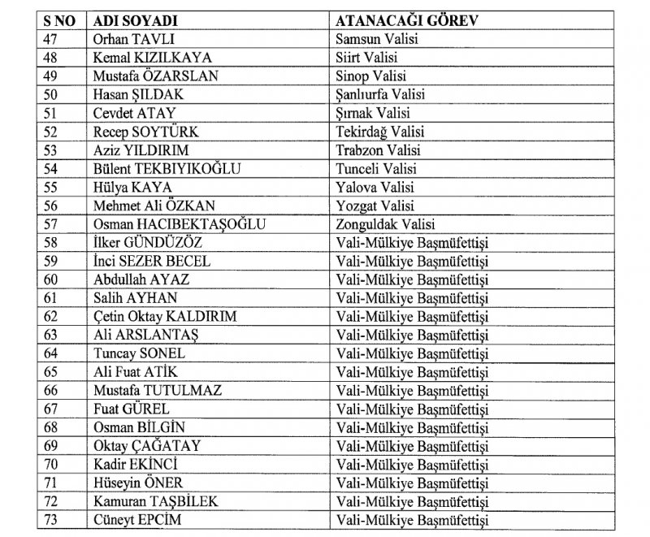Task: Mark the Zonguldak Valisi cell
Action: coord(385,224)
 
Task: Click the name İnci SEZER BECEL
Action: coord(152,262)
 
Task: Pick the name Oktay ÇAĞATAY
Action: coord(147,447)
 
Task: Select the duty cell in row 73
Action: coord(412,521)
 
